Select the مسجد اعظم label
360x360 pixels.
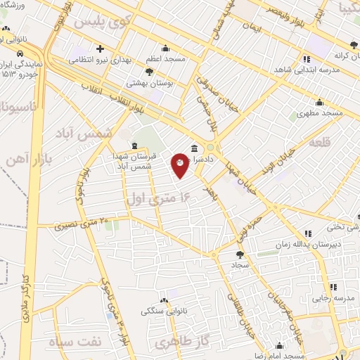[166, 59]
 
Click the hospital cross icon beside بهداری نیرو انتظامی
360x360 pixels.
[100, 49]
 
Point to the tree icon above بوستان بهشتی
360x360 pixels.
[149, 71]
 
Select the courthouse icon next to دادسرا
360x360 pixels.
[193, 148]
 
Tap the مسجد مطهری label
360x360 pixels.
[319, 112]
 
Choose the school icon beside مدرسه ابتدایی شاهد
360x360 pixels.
[306, 60]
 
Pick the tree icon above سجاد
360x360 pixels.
[240, 255]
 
